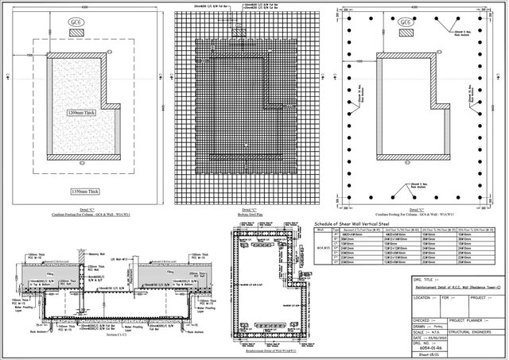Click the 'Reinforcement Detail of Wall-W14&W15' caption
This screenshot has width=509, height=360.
tap(270, 339)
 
